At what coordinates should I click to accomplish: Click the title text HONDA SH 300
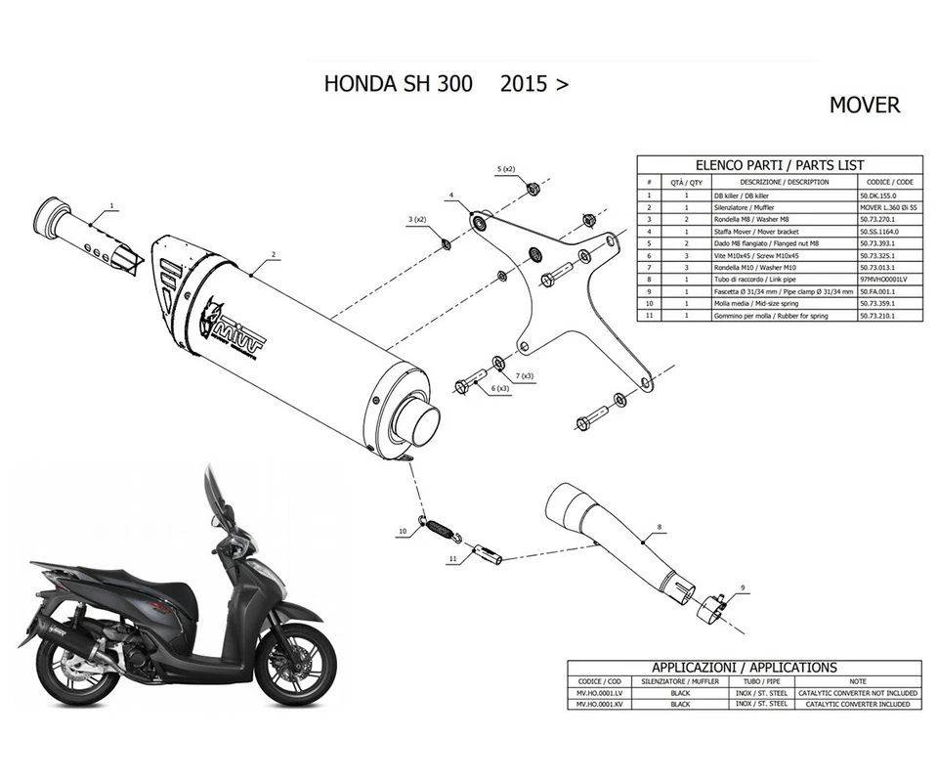[398, 84]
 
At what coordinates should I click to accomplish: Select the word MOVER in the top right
[865, 105]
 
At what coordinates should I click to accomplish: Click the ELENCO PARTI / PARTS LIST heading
[778, 165]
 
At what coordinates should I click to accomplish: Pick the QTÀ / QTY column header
[681, 182]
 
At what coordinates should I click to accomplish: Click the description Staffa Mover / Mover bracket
[772, 231]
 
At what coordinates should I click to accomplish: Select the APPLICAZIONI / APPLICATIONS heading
[744, 668]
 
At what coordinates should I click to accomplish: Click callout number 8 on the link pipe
[659, 528]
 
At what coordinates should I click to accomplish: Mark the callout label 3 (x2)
[416, 218]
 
